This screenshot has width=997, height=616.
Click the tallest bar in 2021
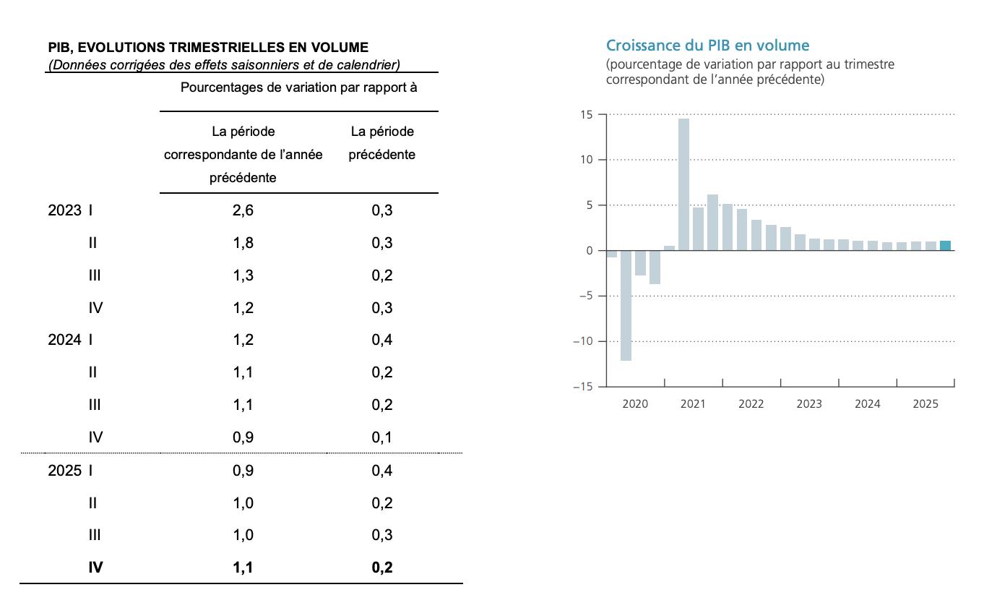pyautogui.click(x=683, y=184)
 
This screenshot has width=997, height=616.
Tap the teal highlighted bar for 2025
pyautogui.click(x=945, y=246)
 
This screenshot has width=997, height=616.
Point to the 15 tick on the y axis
pyautogui.click(x=586, y=114)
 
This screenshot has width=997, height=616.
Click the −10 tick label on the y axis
pyautogui.click(x=582, y=341)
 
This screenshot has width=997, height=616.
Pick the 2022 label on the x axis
pyautogui.click(x=751, y=404)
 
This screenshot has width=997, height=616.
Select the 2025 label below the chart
pyautogui.click(x=925, y=404)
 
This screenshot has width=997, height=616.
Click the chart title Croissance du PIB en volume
pyautogui.click(x=707, y=46)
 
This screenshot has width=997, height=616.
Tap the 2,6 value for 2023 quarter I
pyautogui.click(x=243, y=210)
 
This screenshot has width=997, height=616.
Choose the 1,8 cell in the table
pyautogui.click(x=243, y=243)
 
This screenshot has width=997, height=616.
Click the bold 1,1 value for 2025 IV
pyautogui.click(x=243, y=568)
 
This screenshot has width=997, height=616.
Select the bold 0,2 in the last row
pyautogui.click(x=382, y=568)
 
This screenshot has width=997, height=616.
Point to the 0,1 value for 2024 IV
pyautogui.click(x=382, y=437)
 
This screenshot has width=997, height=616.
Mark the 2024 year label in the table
pyautogui.click(x=64, y=340)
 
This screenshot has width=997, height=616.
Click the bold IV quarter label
pyautogui.click(x=95, y=568)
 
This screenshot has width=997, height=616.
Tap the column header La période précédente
pyautogui.click(x=382, y=143)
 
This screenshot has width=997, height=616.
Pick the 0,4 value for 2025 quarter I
pyautogui.click(x=382, y=470)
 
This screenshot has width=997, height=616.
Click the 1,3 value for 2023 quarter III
pyautogui.click(x=243, y=275)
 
